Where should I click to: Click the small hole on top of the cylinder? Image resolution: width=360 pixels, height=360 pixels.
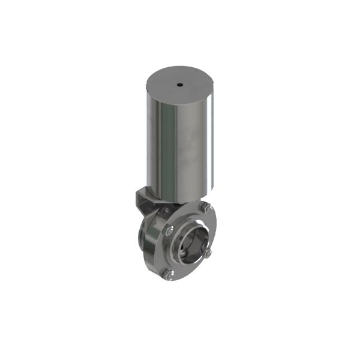179,85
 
